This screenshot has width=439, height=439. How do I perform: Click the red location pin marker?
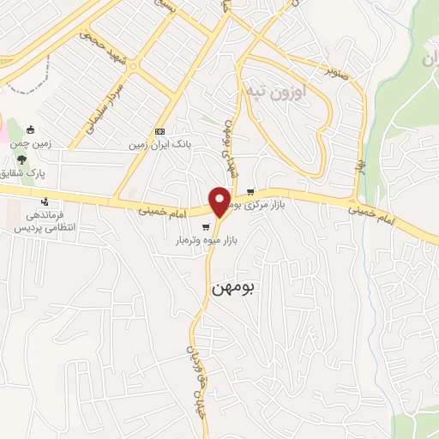coord(220,201)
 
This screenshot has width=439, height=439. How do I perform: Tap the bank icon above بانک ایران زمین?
coord(159,130)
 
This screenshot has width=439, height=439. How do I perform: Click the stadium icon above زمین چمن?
coord(32,129)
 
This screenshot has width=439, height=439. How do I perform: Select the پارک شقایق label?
coord(25,172)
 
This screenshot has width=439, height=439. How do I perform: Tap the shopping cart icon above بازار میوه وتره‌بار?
coord(206,227)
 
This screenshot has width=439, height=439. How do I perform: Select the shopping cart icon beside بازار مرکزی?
coord(250,192)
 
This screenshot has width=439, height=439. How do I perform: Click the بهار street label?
coord(361,162)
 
